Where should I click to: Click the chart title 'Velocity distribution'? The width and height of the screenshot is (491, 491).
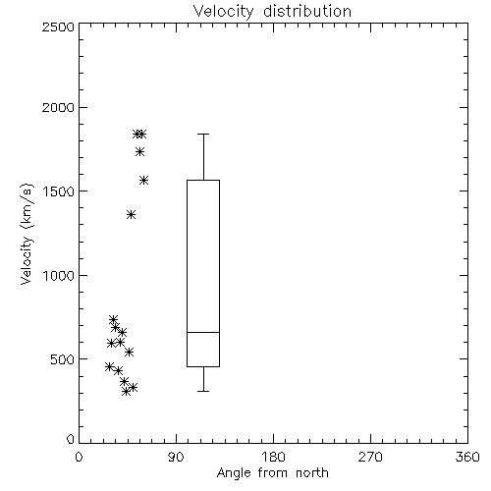pos(272,11)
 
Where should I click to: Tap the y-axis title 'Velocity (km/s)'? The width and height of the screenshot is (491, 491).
pos(27,234)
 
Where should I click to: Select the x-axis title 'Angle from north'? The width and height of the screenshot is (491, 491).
pos(272,473)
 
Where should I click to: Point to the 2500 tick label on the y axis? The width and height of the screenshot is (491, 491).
pos(58,27)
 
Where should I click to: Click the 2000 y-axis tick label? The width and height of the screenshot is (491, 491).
pos(58,107)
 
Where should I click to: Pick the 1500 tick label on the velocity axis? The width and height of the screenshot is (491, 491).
pos(59,191)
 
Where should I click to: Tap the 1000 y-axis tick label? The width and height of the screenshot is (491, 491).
pos(59,275)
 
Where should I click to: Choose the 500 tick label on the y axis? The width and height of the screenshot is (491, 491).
pos(63,359)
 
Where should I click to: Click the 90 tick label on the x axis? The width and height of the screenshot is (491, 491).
pos(176,457)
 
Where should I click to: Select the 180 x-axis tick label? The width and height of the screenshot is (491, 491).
pos(273,457)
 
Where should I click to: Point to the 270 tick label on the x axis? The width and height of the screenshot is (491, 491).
pos(370,457)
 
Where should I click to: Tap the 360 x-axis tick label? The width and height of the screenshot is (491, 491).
pos(467,457)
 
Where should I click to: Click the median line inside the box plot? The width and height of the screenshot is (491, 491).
pos(203,332)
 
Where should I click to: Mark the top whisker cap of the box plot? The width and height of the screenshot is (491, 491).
pos(203,134)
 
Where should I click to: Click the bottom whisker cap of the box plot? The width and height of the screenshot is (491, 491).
pos(203,391)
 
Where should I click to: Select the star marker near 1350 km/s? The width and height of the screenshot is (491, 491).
pos(132,215)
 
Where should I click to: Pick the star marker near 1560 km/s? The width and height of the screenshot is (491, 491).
pos(144,180)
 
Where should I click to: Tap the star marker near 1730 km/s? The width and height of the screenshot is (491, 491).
pos(140,151)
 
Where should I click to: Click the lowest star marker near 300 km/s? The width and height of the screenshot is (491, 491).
pos(126,391)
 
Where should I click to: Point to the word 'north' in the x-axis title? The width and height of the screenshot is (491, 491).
pos(312,473)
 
